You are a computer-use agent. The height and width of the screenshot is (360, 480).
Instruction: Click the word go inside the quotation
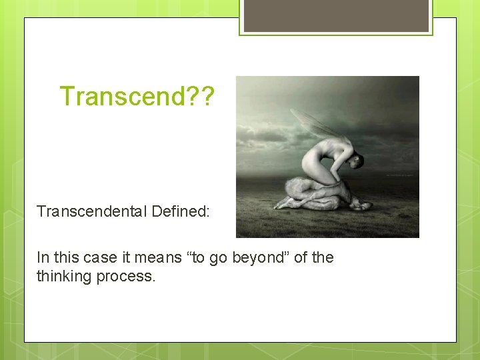[219, 257]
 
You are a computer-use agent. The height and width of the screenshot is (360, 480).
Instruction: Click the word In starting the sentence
[43, 257]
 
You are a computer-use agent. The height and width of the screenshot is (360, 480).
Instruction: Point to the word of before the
[301, 257]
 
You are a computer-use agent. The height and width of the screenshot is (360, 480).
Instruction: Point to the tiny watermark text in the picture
[400, 175]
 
